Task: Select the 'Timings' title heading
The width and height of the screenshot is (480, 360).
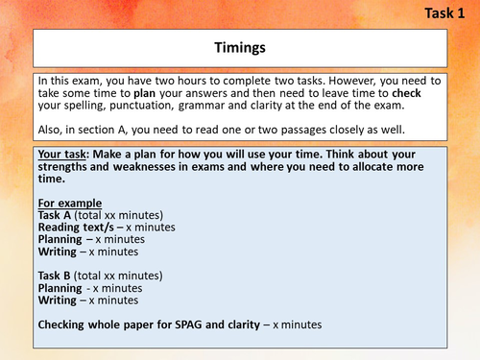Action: click(239, 45)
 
